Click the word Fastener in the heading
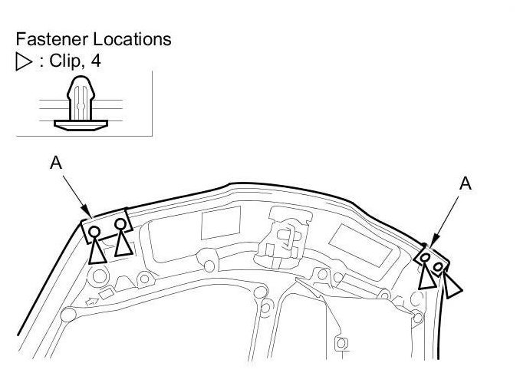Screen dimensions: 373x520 [49, 38]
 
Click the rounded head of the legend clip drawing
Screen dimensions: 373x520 [80, 85]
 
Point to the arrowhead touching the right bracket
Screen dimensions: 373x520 [432, 245]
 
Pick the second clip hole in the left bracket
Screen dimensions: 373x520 [120, 224]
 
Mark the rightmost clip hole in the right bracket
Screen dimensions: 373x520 [438, 267]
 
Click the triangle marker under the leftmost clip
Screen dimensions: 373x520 [96, 253]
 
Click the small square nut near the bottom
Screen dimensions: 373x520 [342, 342]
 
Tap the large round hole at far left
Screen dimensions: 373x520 [68, 312]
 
